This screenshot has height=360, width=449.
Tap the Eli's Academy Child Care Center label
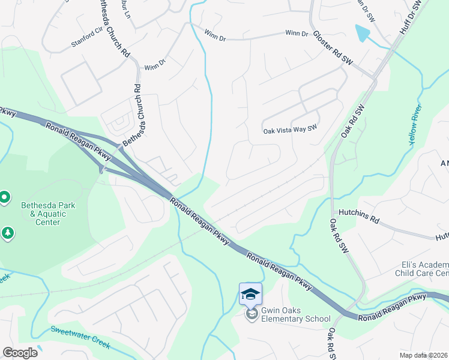(424, 269)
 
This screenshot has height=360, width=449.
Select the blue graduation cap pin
(250, 293)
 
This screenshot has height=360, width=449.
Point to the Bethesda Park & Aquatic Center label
(48, 214)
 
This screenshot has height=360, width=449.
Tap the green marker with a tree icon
(8, 233)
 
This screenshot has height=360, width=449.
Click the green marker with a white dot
(4, 197)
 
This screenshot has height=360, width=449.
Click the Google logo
(20, 353)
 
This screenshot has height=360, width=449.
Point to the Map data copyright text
(423, 355)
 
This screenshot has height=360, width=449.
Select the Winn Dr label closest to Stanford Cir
(154, 64)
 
